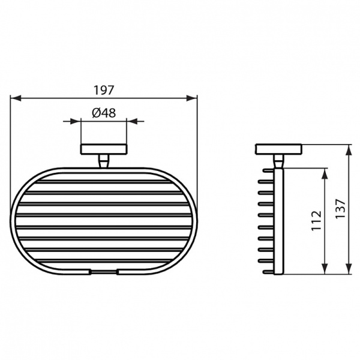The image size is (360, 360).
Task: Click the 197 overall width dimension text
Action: pos(104,90)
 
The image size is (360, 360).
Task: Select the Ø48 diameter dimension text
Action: pos(103,112)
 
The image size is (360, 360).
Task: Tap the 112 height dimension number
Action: pos(317,220)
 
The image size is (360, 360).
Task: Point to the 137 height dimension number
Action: pos(340,210)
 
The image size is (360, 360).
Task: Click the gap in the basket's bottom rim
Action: pos(103,272)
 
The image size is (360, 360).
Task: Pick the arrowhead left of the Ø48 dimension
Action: pos(77,121)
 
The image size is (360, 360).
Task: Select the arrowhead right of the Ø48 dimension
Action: pos(130,121)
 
